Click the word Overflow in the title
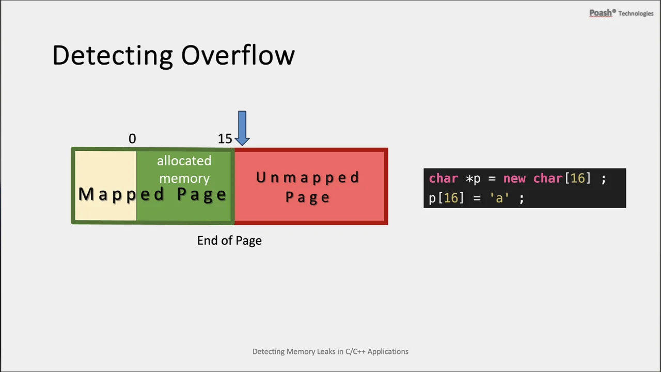point(238,55)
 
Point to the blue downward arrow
point(242,128)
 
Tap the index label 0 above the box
point(132,138)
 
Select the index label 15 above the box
point(225,138)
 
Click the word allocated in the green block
point(184,161)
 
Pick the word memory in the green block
point(184,179)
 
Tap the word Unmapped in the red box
point(307,178)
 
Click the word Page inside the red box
point(307,197)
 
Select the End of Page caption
point(229,241)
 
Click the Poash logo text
point(601,13)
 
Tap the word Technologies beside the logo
point(636,13)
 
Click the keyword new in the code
point(514,179)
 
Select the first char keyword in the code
point(444,179)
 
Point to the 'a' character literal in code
point(499,198)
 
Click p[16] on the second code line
point(447,198)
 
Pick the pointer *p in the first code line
point(473,179)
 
